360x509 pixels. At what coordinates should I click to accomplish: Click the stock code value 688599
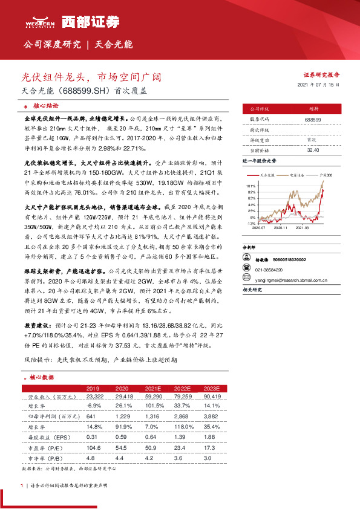point(313,120)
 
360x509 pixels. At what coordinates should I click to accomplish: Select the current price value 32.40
point(313,149)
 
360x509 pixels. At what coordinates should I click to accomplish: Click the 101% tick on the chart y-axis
point(251,186)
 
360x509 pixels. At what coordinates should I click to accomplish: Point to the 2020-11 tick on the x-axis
point(281,229)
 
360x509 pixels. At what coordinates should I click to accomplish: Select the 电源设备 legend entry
point(296,175)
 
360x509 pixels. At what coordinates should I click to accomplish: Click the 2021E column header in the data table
point(152,387)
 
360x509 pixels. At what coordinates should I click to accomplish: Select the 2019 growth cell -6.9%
point(93,405)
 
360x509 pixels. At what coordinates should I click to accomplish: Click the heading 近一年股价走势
point(259,162)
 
